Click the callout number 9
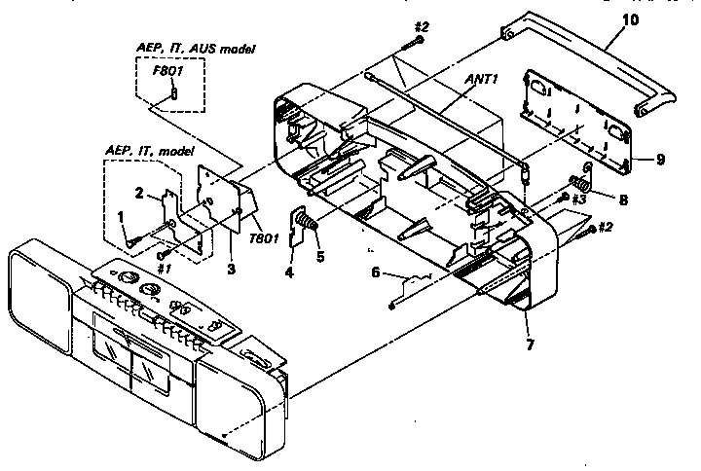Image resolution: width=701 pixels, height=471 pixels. [634, 159]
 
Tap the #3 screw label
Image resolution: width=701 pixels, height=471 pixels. [575, 199]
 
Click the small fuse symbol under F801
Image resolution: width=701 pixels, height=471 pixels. [171, 93]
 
